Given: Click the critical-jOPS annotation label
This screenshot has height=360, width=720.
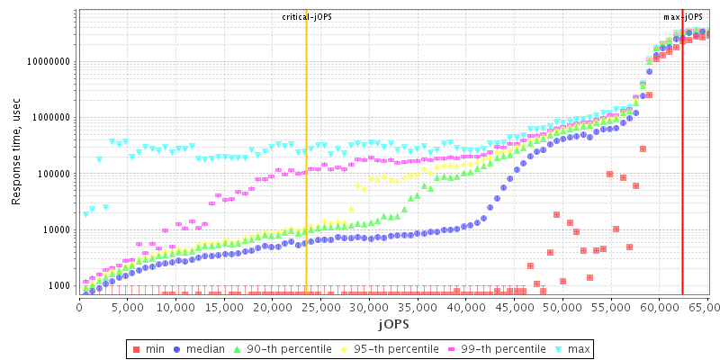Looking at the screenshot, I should pos(307,17).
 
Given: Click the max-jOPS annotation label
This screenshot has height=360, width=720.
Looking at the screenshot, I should pos(683,17).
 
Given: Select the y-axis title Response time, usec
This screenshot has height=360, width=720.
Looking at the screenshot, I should pos(16,152).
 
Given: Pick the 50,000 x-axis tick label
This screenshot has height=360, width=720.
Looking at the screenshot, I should pos(562,307).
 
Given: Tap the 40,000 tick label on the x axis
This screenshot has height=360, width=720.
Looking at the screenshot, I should pos(465,307).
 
